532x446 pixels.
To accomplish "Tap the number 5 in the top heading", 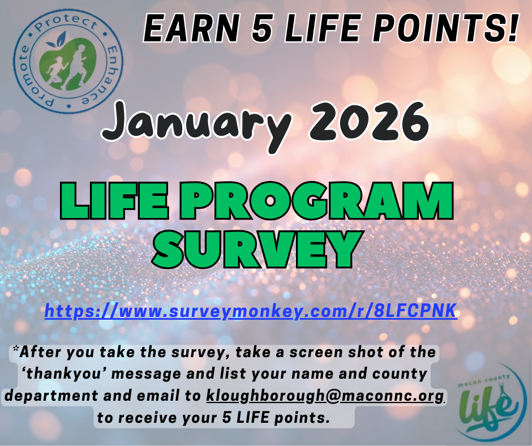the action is coord(262,28).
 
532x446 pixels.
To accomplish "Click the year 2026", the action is coord(369,121).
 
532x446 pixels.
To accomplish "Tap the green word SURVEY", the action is coord(257,250).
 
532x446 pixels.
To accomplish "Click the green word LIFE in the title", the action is coord(115,201).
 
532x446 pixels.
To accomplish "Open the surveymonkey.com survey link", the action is coord(251,311).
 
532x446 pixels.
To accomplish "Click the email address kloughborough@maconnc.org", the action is coord(325,396).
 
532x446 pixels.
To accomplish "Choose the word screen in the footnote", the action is coord(316,352).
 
